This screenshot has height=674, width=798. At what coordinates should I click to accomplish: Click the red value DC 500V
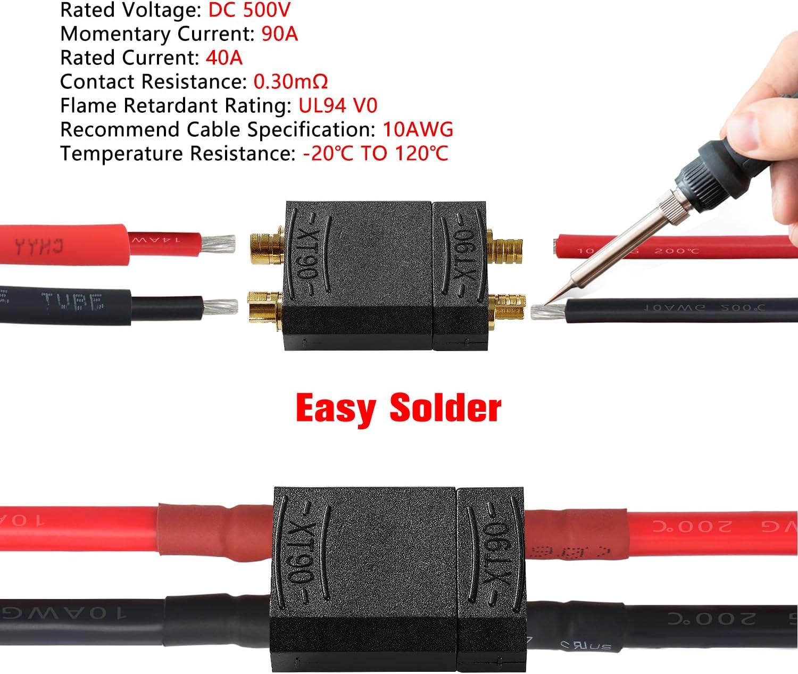(249, 10)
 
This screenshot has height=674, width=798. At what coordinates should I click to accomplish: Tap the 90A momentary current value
(279, 34)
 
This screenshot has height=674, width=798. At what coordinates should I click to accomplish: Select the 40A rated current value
(223, 57)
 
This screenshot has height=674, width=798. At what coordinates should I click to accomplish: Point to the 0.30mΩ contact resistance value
(290, 81)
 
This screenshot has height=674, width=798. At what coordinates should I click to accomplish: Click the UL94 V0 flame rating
(338, 105)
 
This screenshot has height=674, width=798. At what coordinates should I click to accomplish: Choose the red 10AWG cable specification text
(418, 129)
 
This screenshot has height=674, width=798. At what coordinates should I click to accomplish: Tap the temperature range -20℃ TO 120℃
(376, 153)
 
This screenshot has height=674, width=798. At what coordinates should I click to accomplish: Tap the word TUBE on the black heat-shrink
(72, 302)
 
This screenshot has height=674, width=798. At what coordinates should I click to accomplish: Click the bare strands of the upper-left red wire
(218, 244)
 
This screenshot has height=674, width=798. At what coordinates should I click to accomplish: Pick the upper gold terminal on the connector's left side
(266, 246)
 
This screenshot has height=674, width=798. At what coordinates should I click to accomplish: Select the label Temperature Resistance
(177, 153)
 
